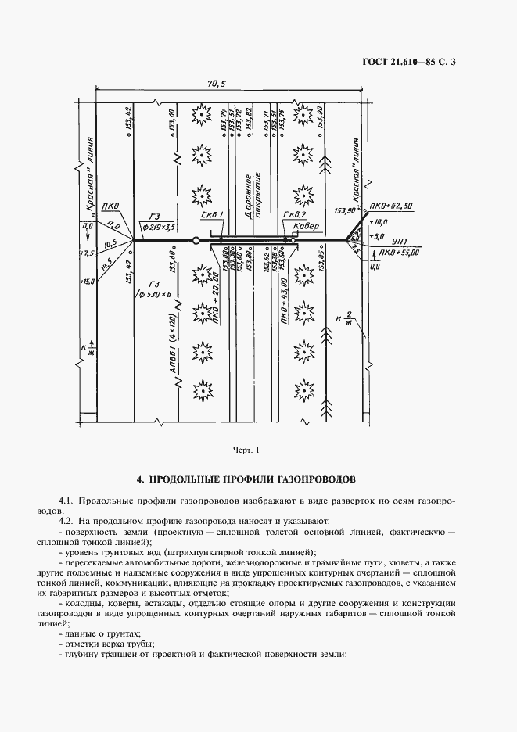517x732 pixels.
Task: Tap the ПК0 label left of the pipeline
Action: [x=110, y=207]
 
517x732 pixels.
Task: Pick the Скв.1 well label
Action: [x=212, y=215]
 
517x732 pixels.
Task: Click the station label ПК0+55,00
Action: [x=399, y=253]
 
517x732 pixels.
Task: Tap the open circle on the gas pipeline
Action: [x=196, y=240]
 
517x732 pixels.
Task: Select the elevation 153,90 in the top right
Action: [x=321, y=117]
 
